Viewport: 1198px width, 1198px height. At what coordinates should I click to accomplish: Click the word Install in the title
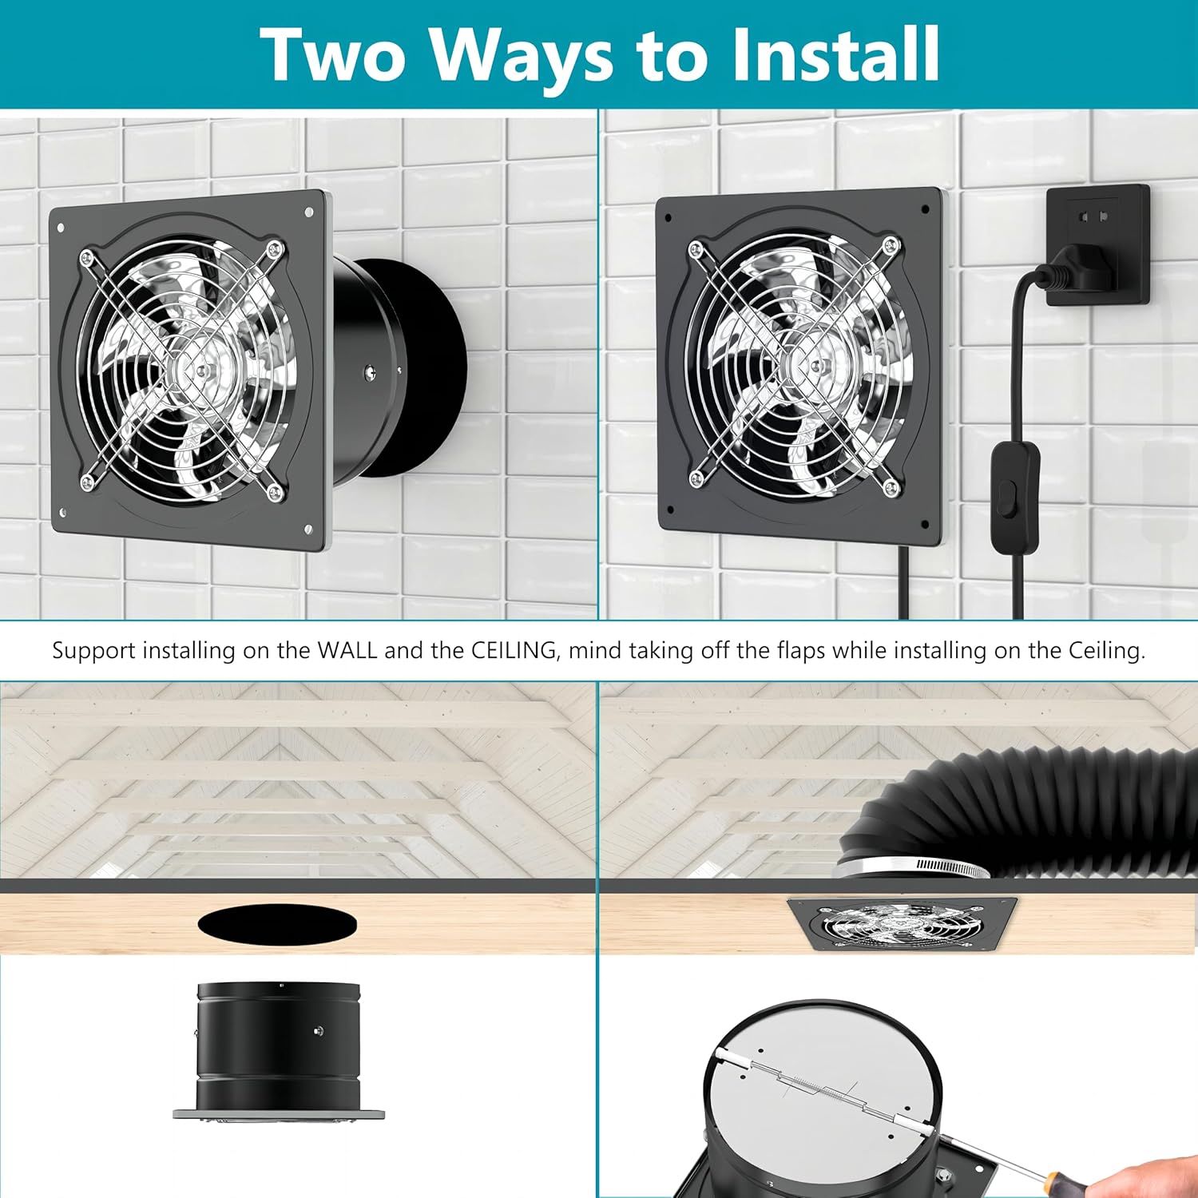point(835,54)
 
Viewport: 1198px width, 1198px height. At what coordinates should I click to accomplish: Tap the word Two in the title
point(334,54)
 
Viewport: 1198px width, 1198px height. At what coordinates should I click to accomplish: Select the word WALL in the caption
point(347,650)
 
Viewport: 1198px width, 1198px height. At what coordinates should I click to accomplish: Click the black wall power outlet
point(1098,245)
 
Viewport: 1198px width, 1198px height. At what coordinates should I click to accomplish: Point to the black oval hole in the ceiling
point(277,924)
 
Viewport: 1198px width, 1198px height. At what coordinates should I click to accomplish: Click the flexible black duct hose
point(1030,807)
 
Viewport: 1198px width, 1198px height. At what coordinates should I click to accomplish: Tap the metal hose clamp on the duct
point(910,866)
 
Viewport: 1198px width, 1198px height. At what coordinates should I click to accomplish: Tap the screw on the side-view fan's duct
point(319,1031)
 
